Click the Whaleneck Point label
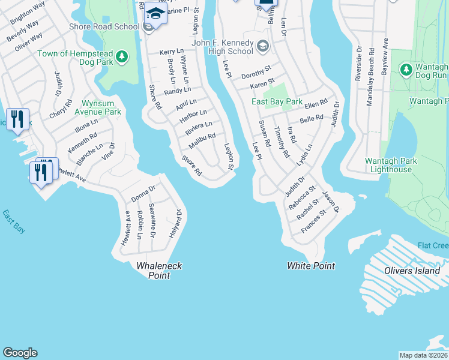pos(159,270)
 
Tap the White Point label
pos(310,266)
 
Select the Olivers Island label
pos(412,271)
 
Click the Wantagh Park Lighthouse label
pos(388,165)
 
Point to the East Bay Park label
pos(277,101)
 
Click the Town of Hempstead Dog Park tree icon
pos(122,57)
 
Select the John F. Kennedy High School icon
pos(262,46)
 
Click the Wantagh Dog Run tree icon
pos(406,70)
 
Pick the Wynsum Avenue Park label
pos(97,107)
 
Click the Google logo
pos(20,353)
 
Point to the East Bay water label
pos(14,221)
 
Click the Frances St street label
pos(313,221)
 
